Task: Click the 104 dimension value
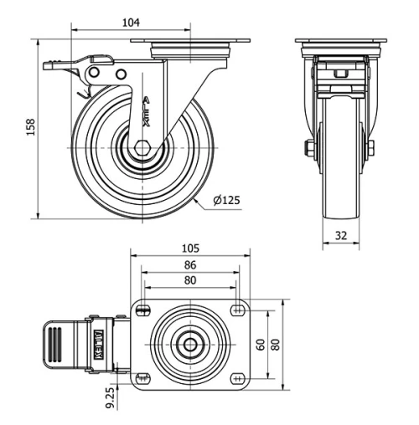[x=131, y=23]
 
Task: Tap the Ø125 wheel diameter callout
[x=228, y=200]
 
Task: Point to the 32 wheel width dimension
[x=341, y=237]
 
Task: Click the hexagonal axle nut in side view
[x=142, y=148]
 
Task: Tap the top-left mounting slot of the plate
[x=142, y=311]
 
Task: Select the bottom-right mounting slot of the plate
[x=238, y=378]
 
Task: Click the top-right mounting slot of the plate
[x=238, y=311]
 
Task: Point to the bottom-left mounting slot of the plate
[x=142, y=378]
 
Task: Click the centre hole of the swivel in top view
[x=190, y=344]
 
